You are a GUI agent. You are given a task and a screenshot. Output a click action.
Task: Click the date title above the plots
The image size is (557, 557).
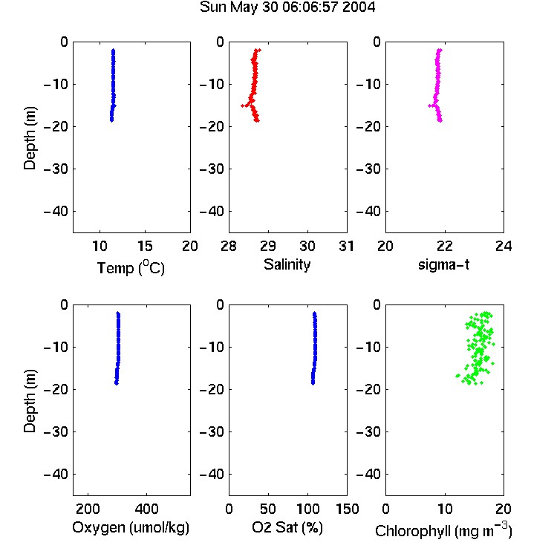287,7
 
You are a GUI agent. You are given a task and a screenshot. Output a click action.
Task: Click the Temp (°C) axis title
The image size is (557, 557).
131,267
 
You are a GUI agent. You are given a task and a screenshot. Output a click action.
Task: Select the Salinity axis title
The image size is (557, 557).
287,264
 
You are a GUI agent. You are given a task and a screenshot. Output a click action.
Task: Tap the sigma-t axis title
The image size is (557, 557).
443,264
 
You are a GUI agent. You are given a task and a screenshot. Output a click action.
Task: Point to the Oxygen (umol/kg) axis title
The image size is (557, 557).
131,527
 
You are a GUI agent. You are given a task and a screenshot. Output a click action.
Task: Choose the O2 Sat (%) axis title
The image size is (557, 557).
287,527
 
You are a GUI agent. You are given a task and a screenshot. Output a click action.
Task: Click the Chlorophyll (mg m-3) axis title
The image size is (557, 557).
443,530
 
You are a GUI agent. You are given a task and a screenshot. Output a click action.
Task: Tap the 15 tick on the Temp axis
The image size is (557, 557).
145,246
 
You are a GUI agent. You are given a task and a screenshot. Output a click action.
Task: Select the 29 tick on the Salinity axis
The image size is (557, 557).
268,246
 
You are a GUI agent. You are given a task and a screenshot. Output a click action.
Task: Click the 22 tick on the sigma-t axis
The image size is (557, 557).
444,246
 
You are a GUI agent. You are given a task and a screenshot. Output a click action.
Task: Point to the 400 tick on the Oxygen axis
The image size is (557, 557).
146,509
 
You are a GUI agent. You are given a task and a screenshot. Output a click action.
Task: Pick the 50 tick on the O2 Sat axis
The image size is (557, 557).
268,509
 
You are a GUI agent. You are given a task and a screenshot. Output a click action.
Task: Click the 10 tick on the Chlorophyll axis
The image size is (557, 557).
445,509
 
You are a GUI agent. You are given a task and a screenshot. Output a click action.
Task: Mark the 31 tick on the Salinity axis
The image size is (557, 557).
346,246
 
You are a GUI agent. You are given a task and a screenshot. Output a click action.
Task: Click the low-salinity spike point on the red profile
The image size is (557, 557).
243,105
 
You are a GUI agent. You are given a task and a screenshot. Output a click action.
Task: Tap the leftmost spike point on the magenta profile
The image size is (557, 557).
429,105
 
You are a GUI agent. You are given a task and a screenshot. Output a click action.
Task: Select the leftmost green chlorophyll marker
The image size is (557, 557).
457,376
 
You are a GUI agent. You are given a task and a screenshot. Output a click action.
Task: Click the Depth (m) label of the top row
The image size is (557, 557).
30,138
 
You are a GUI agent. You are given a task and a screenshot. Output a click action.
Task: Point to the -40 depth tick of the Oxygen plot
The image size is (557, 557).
56,474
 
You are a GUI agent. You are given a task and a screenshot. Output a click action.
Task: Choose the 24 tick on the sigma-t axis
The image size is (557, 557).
504,246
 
